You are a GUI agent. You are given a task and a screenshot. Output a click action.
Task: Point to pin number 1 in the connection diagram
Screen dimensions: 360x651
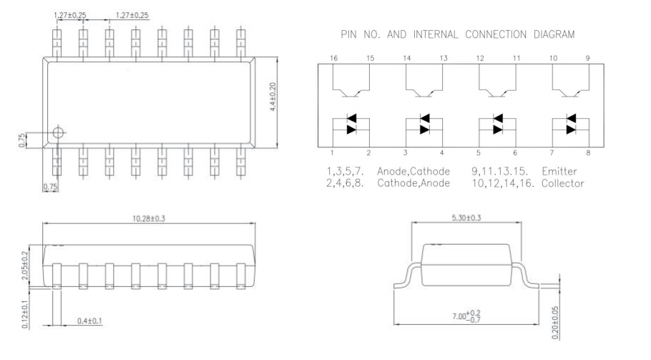(x=334, y=152)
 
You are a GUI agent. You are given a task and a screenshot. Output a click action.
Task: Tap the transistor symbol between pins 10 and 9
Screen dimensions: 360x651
(x=572, y=84)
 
